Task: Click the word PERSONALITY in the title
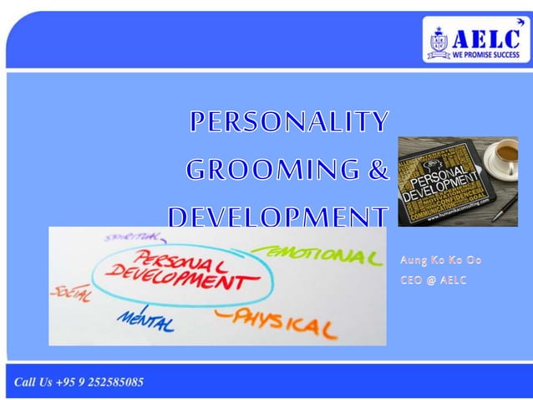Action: [289, 122]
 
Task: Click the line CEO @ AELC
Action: [434, 280]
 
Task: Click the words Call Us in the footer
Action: [34, 382]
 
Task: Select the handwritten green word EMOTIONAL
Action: [316, 253]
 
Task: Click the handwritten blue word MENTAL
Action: [146, 319]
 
